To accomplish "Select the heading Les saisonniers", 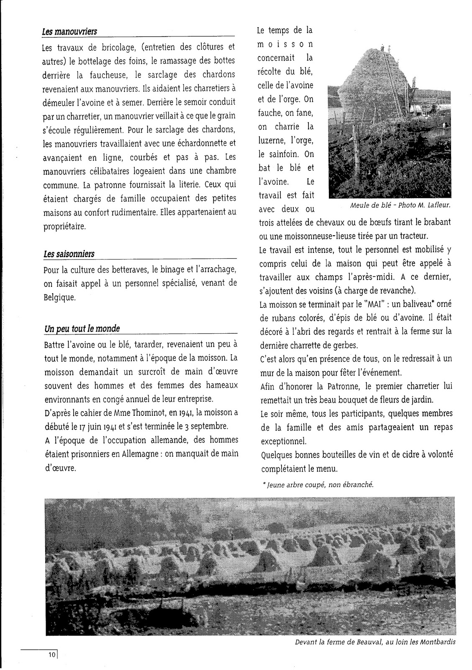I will pyautogui.click(x=69, y=254).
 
